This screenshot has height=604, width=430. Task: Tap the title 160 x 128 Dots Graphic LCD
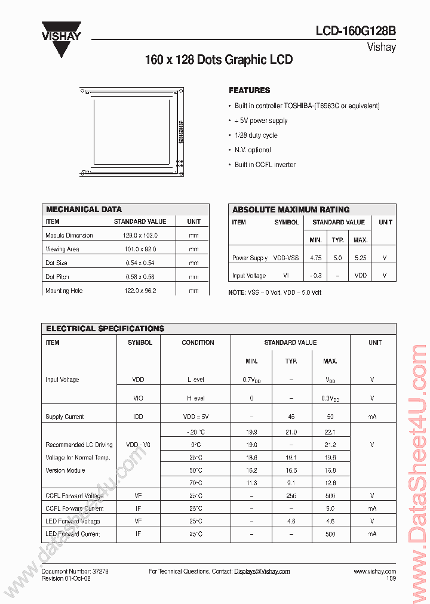pos(219,60)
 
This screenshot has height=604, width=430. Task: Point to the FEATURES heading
pos(249,91)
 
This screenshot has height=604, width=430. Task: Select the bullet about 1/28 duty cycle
pos(256,135)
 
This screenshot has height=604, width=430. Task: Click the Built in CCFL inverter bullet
pos(265,165)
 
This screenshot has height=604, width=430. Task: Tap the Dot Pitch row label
pos(57,277)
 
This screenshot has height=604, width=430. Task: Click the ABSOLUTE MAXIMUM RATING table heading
pos(291,209)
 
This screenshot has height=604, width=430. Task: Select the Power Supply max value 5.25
pos(360,258)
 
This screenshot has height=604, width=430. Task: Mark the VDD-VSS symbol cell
pos(286,258)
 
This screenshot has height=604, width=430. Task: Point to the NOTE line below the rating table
pos(275,293)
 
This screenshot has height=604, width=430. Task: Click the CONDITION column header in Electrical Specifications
pos(198,343)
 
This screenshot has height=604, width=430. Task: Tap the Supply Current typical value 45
pos(291,417)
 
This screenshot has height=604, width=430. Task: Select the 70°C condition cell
pos(195,483)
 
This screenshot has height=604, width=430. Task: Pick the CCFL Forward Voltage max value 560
pos(330,495)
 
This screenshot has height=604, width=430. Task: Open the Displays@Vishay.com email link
pos(262,572)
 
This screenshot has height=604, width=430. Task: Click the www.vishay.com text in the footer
pos(374,572)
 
